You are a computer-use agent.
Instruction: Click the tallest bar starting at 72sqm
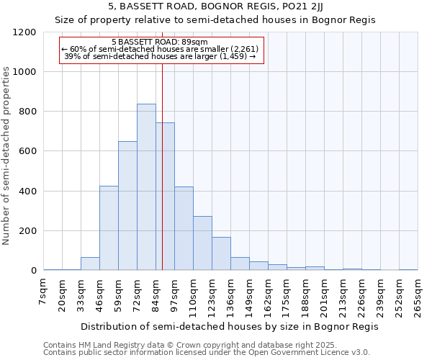tap(146, 187)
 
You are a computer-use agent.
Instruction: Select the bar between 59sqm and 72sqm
tap(127, 206)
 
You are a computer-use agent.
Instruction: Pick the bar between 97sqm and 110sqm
tap(184, 228)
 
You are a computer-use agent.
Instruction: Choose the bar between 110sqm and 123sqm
tap(202, 243)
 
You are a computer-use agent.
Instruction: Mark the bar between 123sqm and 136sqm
tap(221, 253)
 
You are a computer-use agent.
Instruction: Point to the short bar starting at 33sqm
tap(90, 264)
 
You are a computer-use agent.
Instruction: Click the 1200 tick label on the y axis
tap(24, 32)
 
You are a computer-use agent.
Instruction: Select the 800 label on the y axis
tap(27, 112)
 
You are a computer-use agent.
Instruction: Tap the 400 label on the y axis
tap(27, 192)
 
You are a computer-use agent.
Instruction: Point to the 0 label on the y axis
tap(32, 271)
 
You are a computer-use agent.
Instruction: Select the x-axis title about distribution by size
tap(229, 326)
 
